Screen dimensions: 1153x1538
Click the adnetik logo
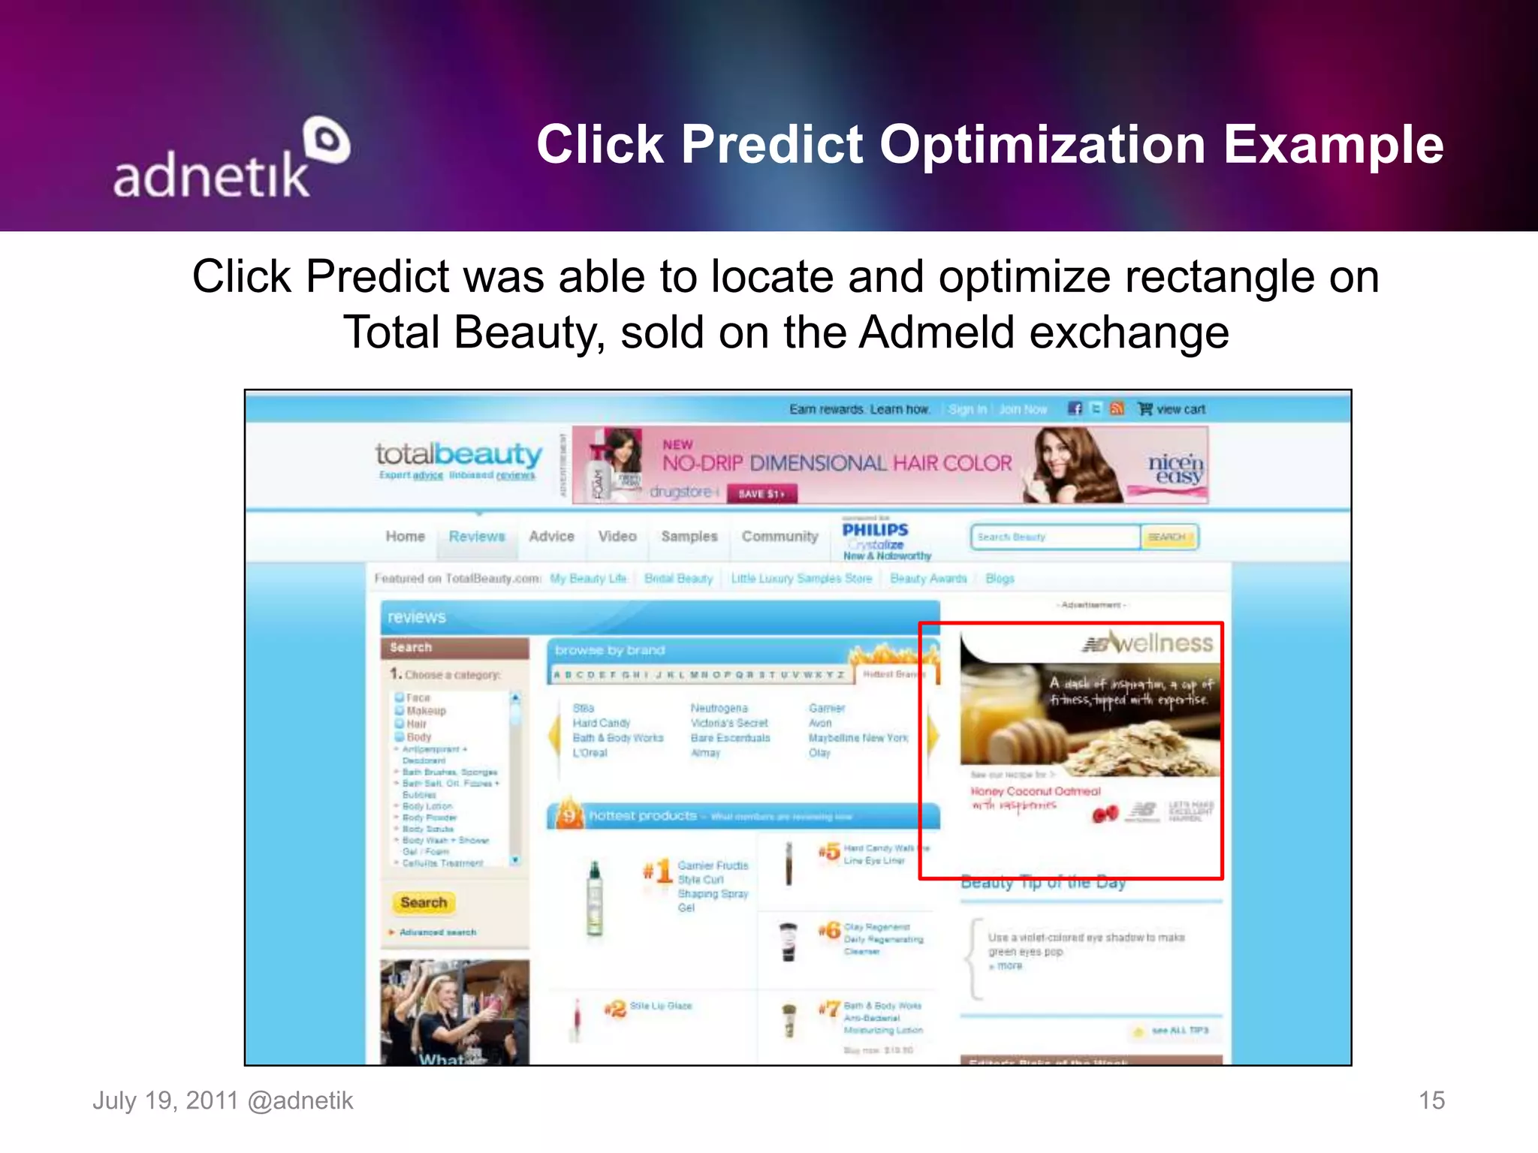point(229,161)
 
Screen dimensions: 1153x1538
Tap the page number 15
point(1431,1100)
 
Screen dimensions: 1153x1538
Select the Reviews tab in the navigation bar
point(477,537)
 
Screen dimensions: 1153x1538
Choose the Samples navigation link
point(689,537)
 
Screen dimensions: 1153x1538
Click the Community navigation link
point(780,537)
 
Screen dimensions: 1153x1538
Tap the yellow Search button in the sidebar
point(424,902)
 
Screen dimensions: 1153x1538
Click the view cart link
point(1179,409)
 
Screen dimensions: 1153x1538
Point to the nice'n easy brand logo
point(1175,469)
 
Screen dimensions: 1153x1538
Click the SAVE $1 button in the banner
point(761,494)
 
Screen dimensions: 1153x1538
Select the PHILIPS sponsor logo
point(875,530)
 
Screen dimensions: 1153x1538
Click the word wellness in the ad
point(1163,643)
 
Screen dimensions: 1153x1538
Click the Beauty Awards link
point(928,579)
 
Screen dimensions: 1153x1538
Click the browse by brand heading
point(610,650)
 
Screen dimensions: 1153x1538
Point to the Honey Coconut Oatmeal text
point(1035,791)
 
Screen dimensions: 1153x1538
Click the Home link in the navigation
point(405,537)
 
